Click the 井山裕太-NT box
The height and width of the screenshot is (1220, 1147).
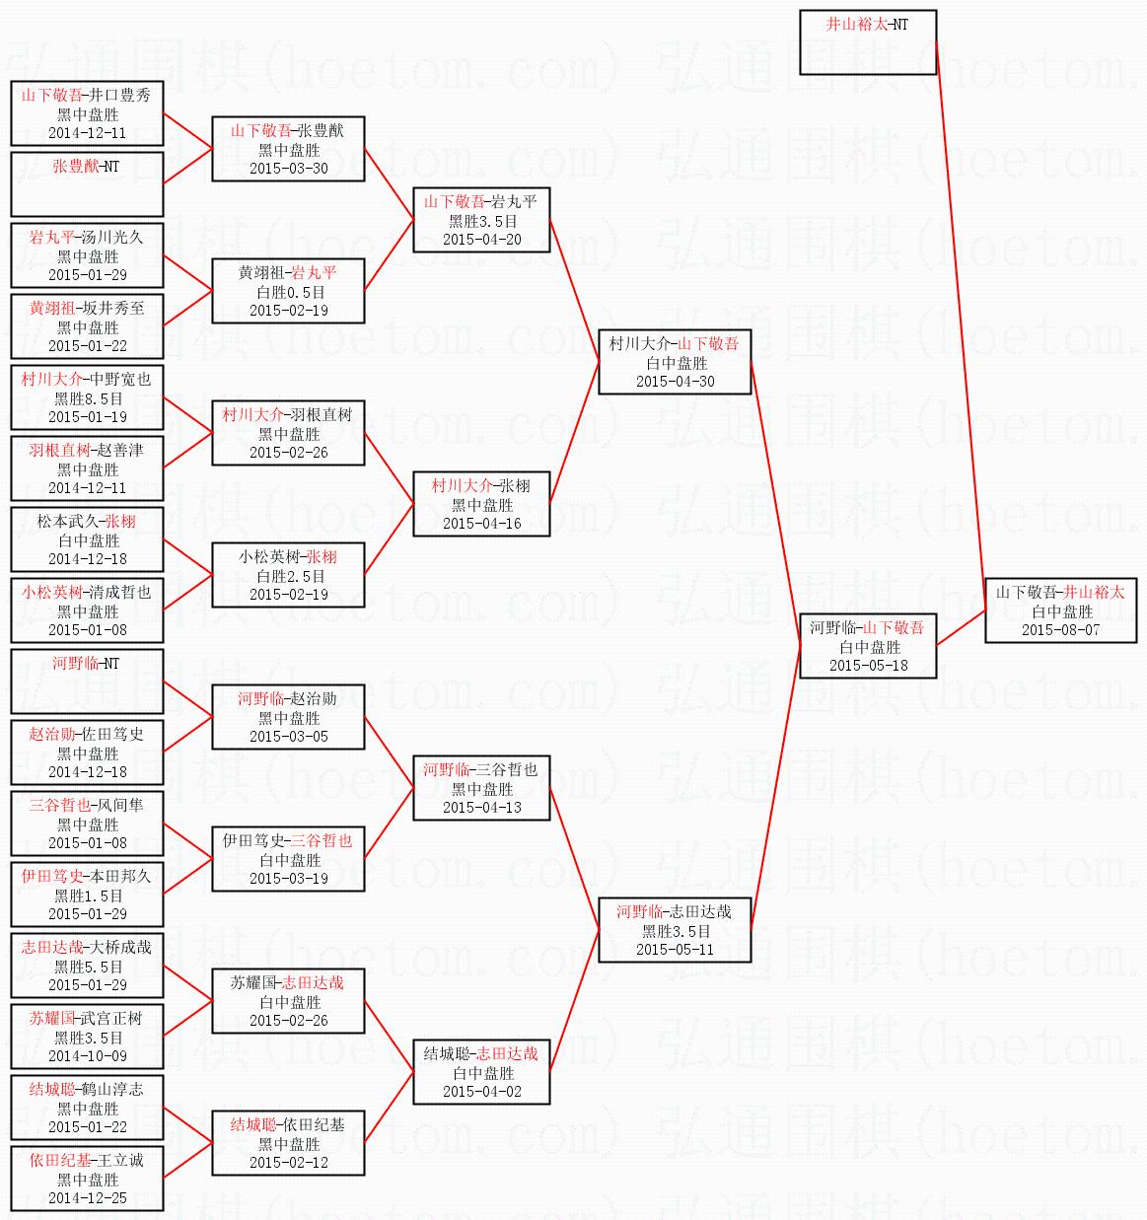(x=867, y=42)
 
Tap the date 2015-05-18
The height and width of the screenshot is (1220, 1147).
(x=868, y=666)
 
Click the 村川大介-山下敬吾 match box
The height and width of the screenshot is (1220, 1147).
(x=675, y=362)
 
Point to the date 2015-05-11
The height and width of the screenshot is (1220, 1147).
(x=675, y=949)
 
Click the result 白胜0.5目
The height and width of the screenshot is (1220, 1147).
(x=289, y=292)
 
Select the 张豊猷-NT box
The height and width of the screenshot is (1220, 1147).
(x=87, y=183)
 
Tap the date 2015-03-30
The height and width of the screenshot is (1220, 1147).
(x=289, y=169)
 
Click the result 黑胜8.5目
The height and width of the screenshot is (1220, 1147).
(x=88, y=398)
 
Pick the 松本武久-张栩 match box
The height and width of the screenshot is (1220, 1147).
(x=87, y=539)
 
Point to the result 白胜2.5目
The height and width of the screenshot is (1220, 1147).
(x=289, y=576)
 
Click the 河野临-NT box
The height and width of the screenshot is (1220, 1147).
(x=87, y=682)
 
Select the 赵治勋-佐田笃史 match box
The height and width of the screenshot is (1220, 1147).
(x=87, y=753)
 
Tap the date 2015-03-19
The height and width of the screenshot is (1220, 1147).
(x=289, y=879)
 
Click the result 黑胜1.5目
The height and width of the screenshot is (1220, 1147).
(x=88, y=896)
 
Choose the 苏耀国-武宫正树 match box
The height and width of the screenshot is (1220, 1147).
(x=87, y=1037)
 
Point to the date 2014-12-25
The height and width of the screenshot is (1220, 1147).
(x=88, y=1198)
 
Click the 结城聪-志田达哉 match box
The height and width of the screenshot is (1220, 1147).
(x=481, y=1072)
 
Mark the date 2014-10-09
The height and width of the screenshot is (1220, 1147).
(x=88, y=1055)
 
